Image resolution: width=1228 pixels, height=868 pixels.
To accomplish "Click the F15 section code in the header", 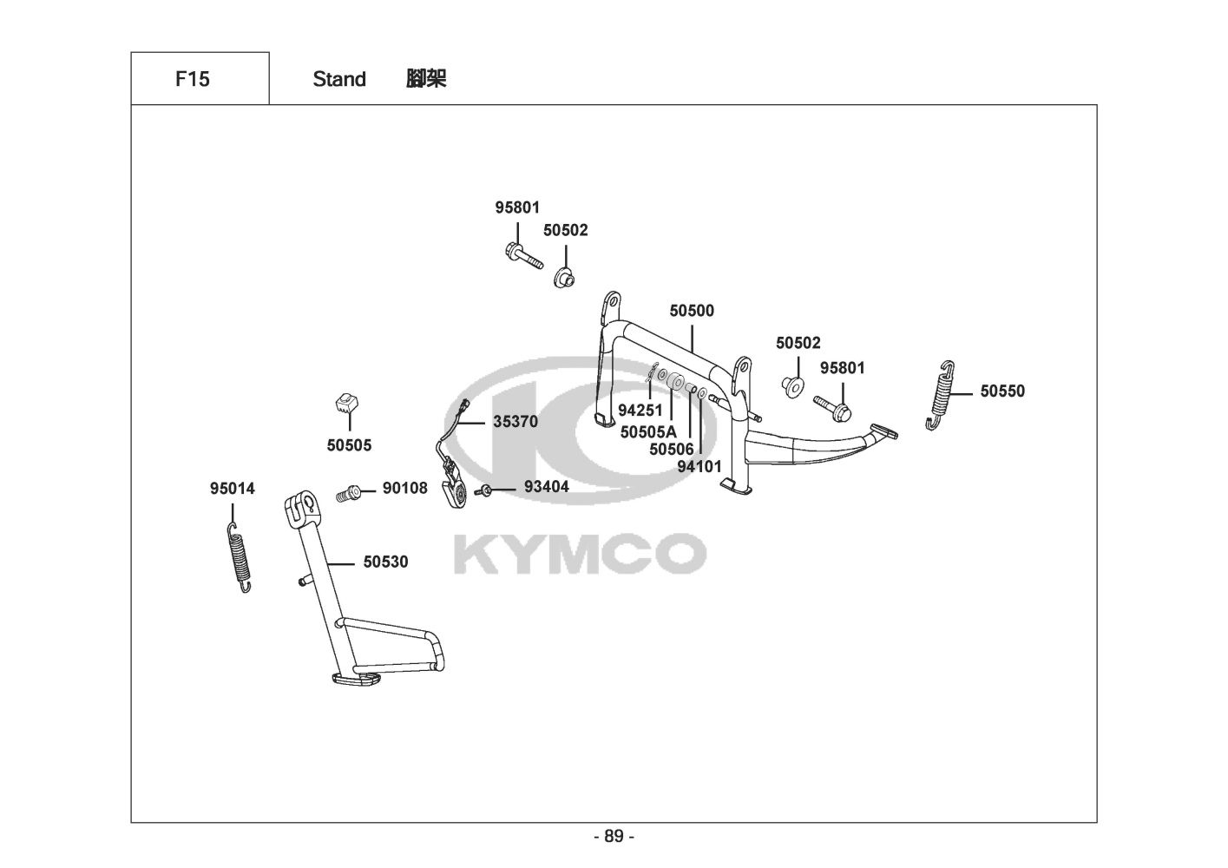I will click(x=192, y=79).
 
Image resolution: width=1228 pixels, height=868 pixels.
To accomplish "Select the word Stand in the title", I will click(x=339, y=79).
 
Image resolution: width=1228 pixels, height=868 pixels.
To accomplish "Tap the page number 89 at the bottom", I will click(x=614, y=837).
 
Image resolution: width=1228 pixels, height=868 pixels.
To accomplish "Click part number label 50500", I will click(x=692, y=311).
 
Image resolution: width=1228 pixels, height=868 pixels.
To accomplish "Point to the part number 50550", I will click(x=1002, y=391).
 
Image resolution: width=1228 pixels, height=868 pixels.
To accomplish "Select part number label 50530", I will click(x=385, y=562).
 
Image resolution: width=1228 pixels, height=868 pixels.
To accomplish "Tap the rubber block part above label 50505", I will click(x=347, y=403).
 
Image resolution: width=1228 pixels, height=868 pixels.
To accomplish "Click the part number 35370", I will click(x=515, y=423).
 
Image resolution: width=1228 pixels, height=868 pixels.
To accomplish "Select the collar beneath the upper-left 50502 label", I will click(x=564, y=279).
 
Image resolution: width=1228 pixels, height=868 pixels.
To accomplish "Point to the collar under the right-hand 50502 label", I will click(x=793, y=385).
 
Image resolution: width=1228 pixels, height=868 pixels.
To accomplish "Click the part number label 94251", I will click(x=640, y=410).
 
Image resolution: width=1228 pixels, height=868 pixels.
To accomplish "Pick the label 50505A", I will click(x=648, y=431).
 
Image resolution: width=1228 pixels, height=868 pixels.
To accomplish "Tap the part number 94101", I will click(x=699, y=467).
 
